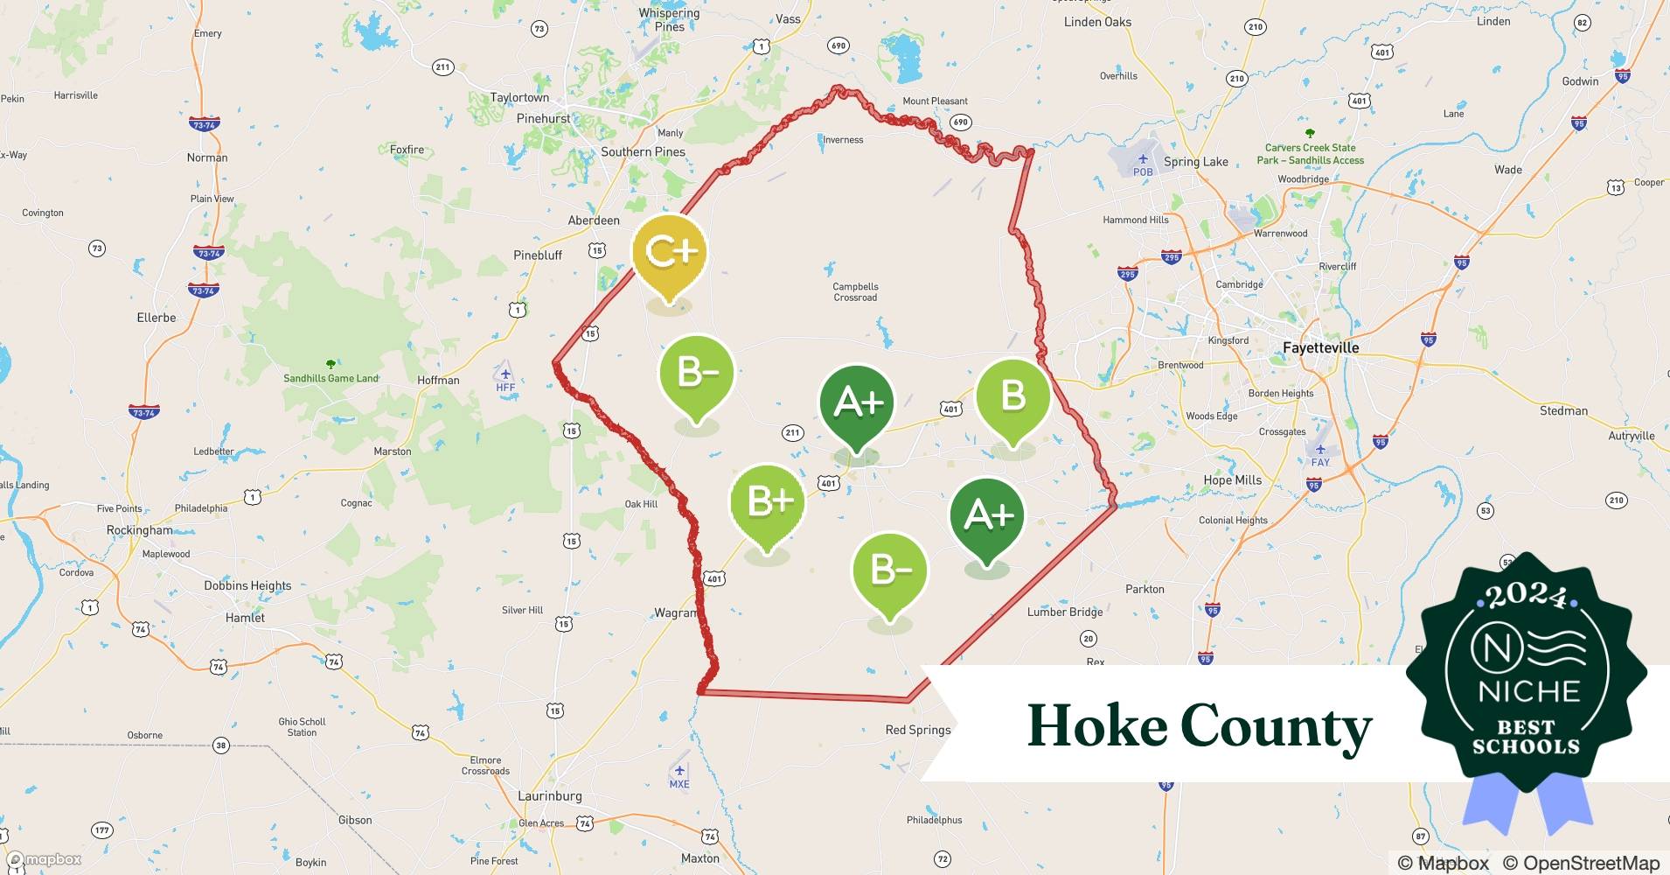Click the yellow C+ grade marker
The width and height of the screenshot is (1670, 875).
click(x=670, y=254)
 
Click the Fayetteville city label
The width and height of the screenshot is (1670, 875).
click(x=1320, y=347)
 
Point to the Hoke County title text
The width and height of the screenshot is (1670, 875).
click(x=1199, y=726)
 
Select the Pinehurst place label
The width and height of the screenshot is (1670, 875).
click(x=543, y=118)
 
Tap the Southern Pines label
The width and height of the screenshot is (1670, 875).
click(x=643, y=151)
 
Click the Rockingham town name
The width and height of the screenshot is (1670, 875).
click(x=140, y=530)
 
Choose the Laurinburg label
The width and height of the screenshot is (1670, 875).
click(x=549, y=795)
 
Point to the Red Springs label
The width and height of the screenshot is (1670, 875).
click(x=917, y=730)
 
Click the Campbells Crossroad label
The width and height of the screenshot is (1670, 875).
click(x=855, y=291)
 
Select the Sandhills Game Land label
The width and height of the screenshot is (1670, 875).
click(x=331, y=378)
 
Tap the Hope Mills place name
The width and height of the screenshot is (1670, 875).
click(x=1232, y=479)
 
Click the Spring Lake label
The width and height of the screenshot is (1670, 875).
click(x=1195, y=162)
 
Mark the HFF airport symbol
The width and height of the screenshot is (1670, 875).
click(x=504, y=374)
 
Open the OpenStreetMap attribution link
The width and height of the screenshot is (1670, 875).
click(x=1581, y=863)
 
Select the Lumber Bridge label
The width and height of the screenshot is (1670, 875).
click(x=1064, y=612)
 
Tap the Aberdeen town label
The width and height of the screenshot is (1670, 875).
click(x=594, y=220)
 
